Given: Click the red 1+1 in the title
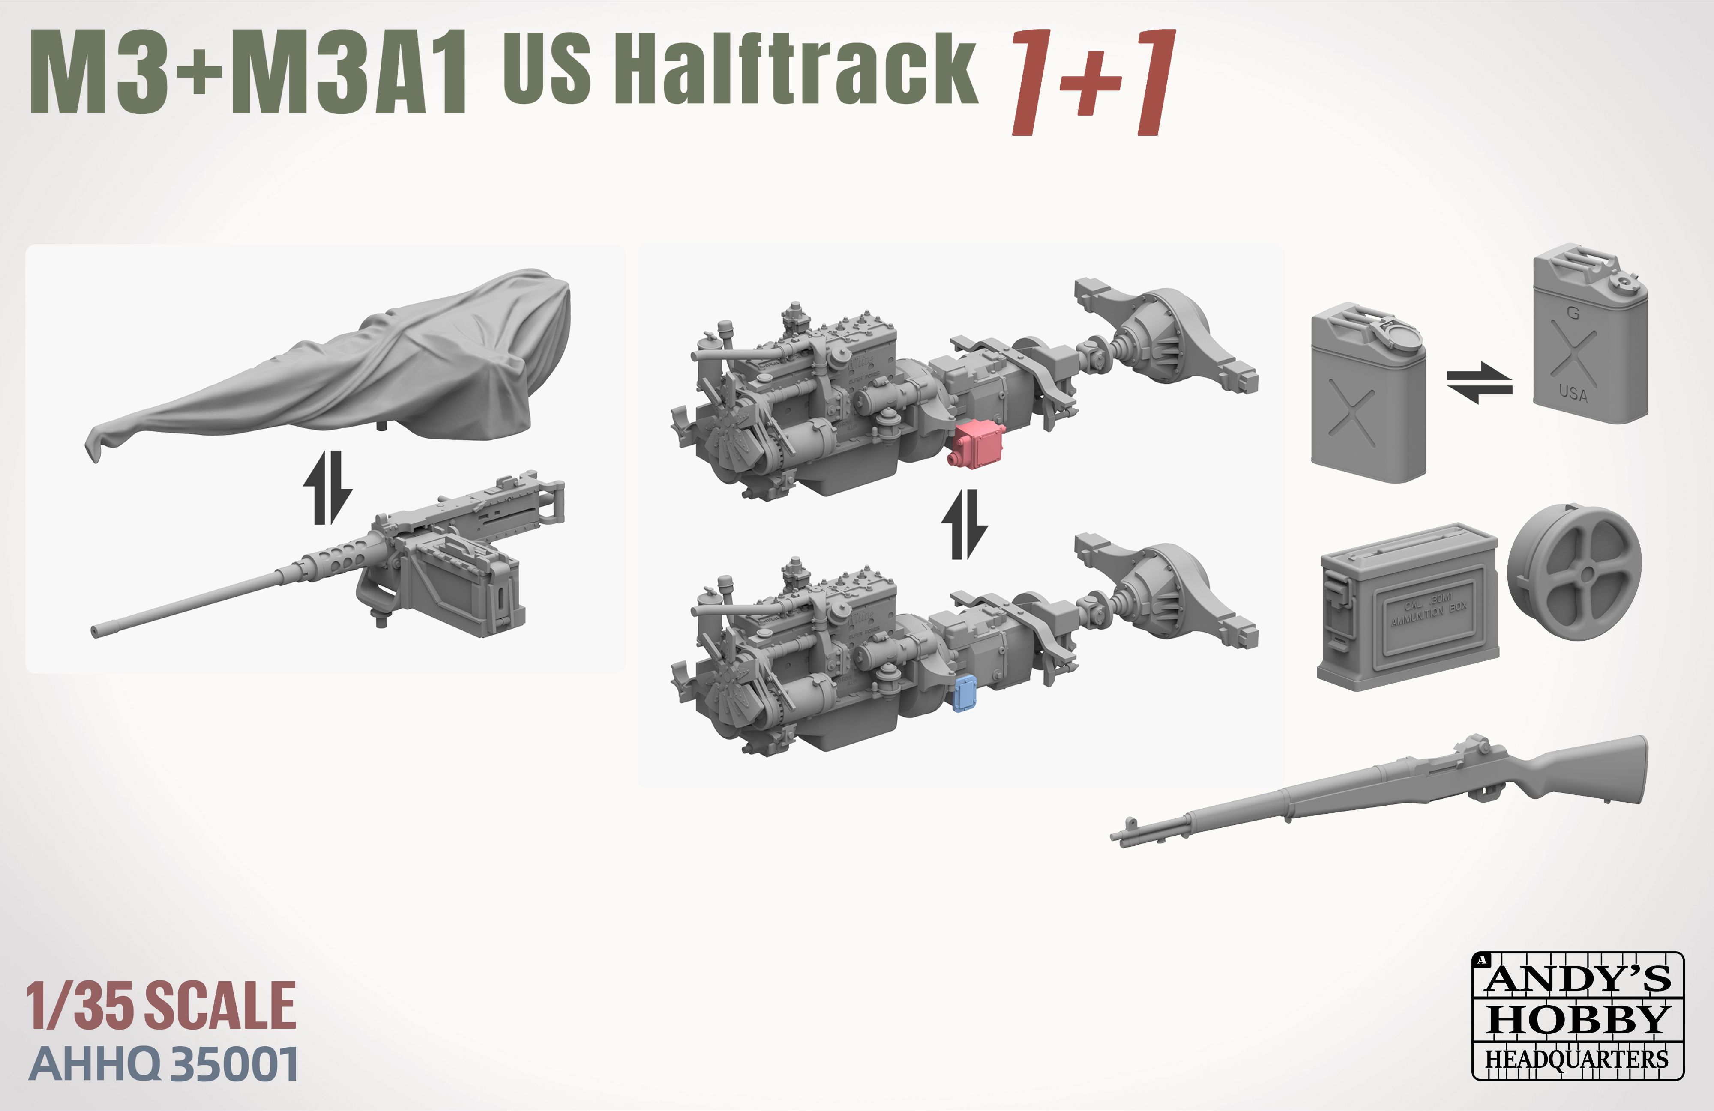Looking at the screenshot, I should pyautogui.click(x=1093, y=83).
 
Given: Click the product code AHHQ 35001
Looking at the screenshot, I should pyautogui.click(x=164, y=1064).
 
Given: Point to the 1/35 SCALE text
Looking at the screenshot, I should pyautogui.click(x=161, y=1006).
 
